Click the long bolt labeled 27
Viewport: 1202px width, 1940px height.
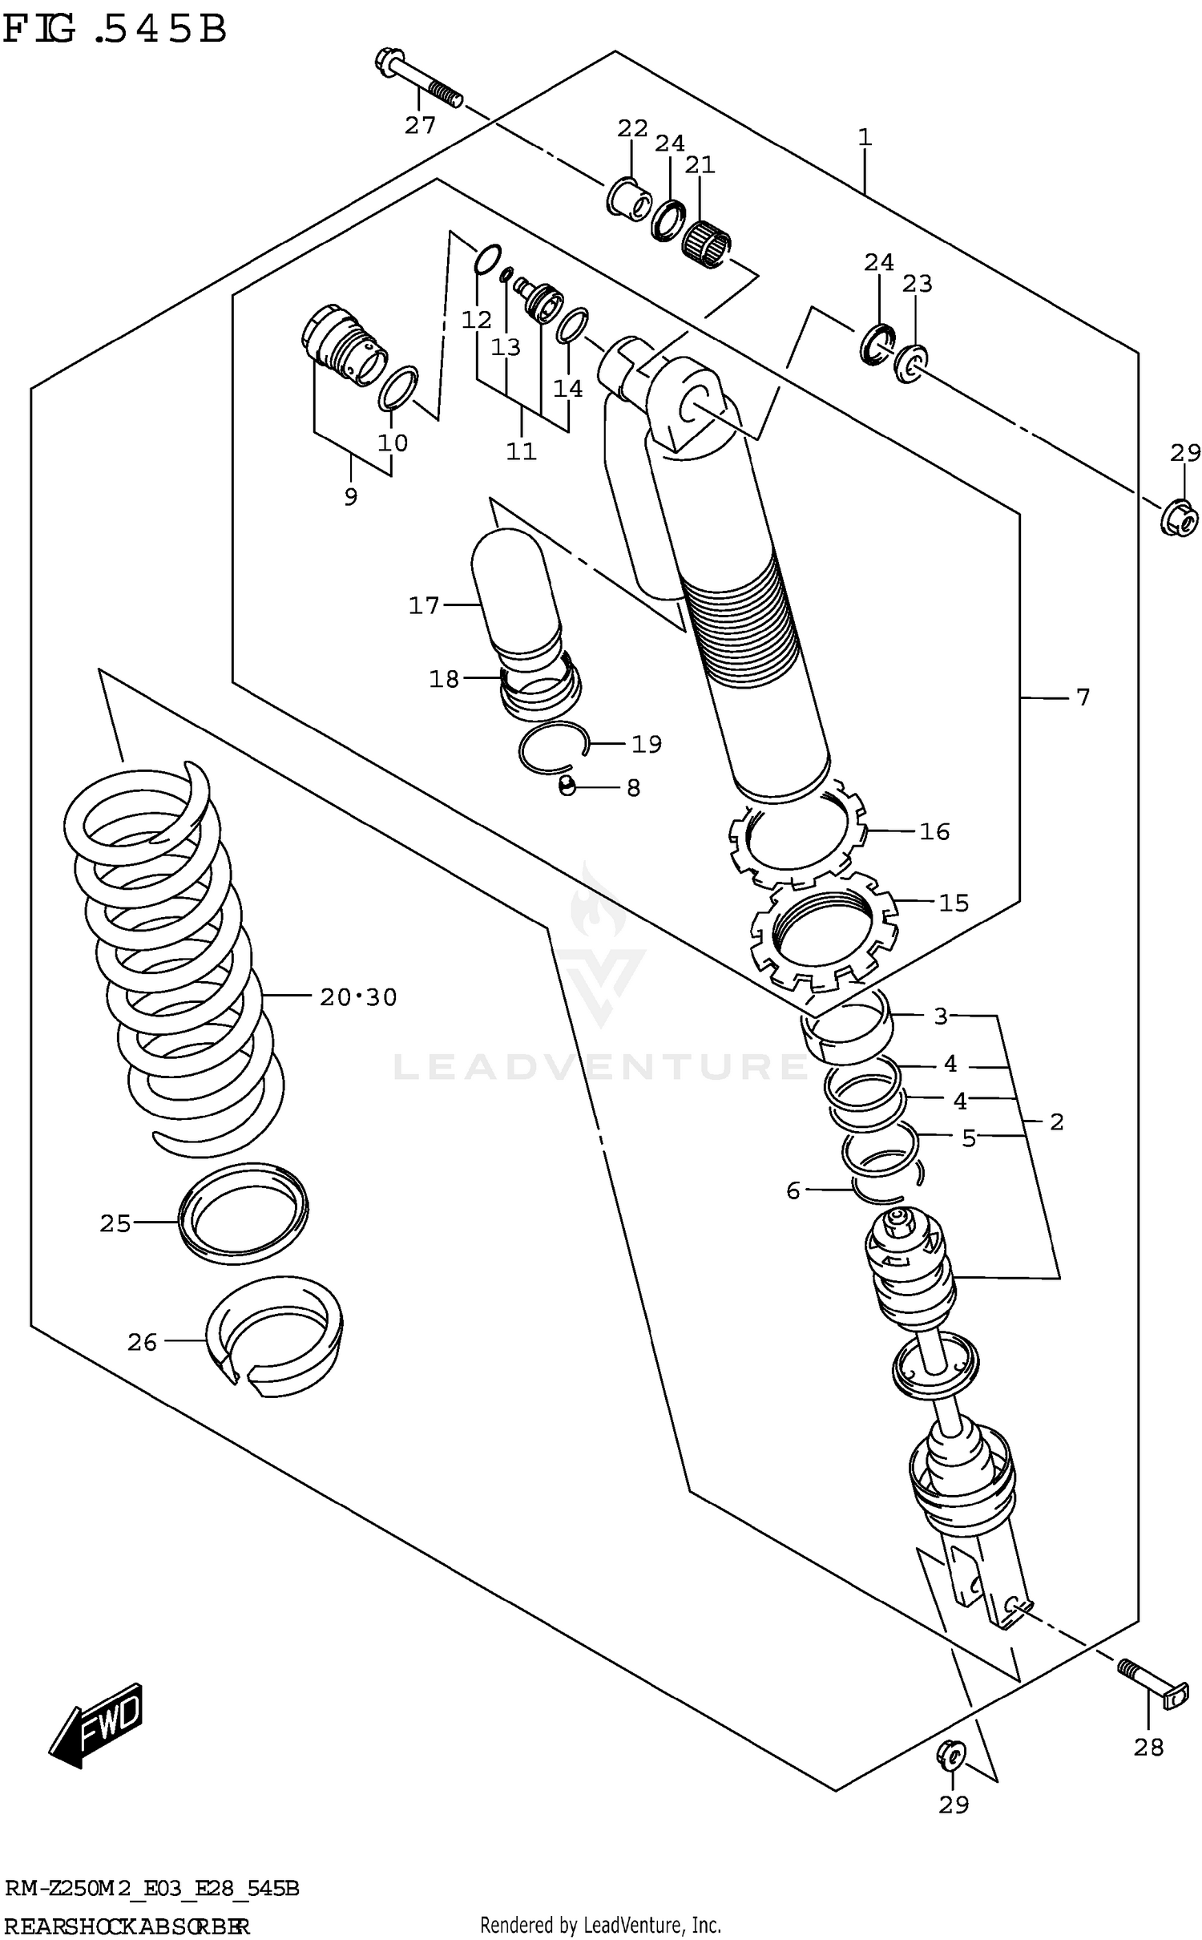point(417,79)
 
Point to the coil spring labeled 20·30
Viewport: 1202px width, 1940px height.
point(172,962)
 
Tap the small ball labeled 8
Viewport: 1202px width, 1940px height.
point(567,786)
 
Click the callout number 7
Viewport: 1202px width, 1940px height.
point(1083,697)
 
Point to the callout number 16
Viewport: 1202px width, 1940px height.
point(934,831)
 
